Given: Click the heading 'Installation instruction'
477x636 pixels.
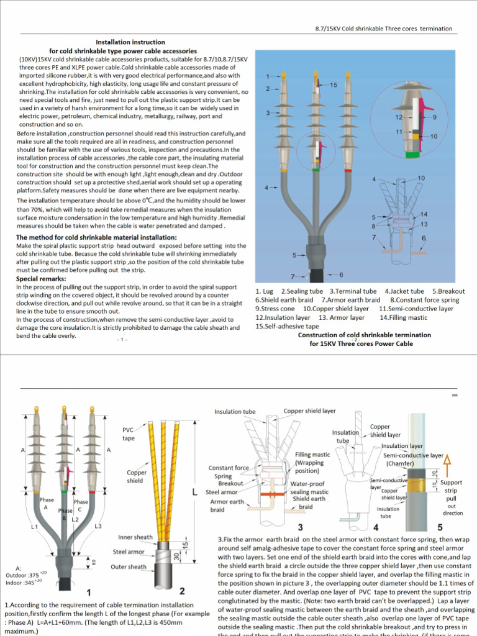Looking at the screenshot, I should pos(130,42).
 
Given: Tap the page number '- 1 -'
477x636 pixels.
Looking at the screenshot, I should pos(121,339).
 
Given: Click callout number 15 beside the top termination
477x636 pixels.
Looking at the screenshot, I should pos(334,84).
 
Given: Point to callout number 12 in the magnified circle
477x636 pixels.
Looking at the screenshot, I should pos(399,117).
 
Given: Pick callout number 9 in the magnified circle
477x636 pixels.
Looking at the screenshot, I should pos(435,117).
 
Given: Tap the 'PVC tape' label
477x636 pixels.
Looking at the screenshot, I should pos(129,434).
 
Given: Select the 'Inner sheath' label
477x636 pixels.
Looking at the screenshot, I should pos(135,537).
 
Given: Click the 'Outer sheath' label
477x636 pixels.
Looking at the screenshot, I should pos(129,566).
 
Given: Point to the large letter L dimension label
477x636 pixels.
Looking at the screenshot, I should pos(195,492).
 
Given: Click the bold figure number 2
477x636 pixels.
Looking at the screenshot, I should pos(181,591).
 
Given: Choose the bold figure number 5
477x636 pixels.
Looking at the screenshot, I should pos(440,527).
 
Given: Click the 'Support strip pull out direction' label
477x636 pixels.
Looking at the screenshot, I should pos(452,497).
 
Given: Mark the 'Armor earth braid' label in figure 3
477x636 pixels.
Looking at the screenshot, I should pos(227,506).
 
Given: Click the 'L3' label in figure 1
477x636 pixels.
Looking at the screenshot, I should pos(98,527).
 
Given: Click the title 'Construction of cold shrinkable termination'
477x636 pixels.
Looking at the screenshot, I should pos(364,335).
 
